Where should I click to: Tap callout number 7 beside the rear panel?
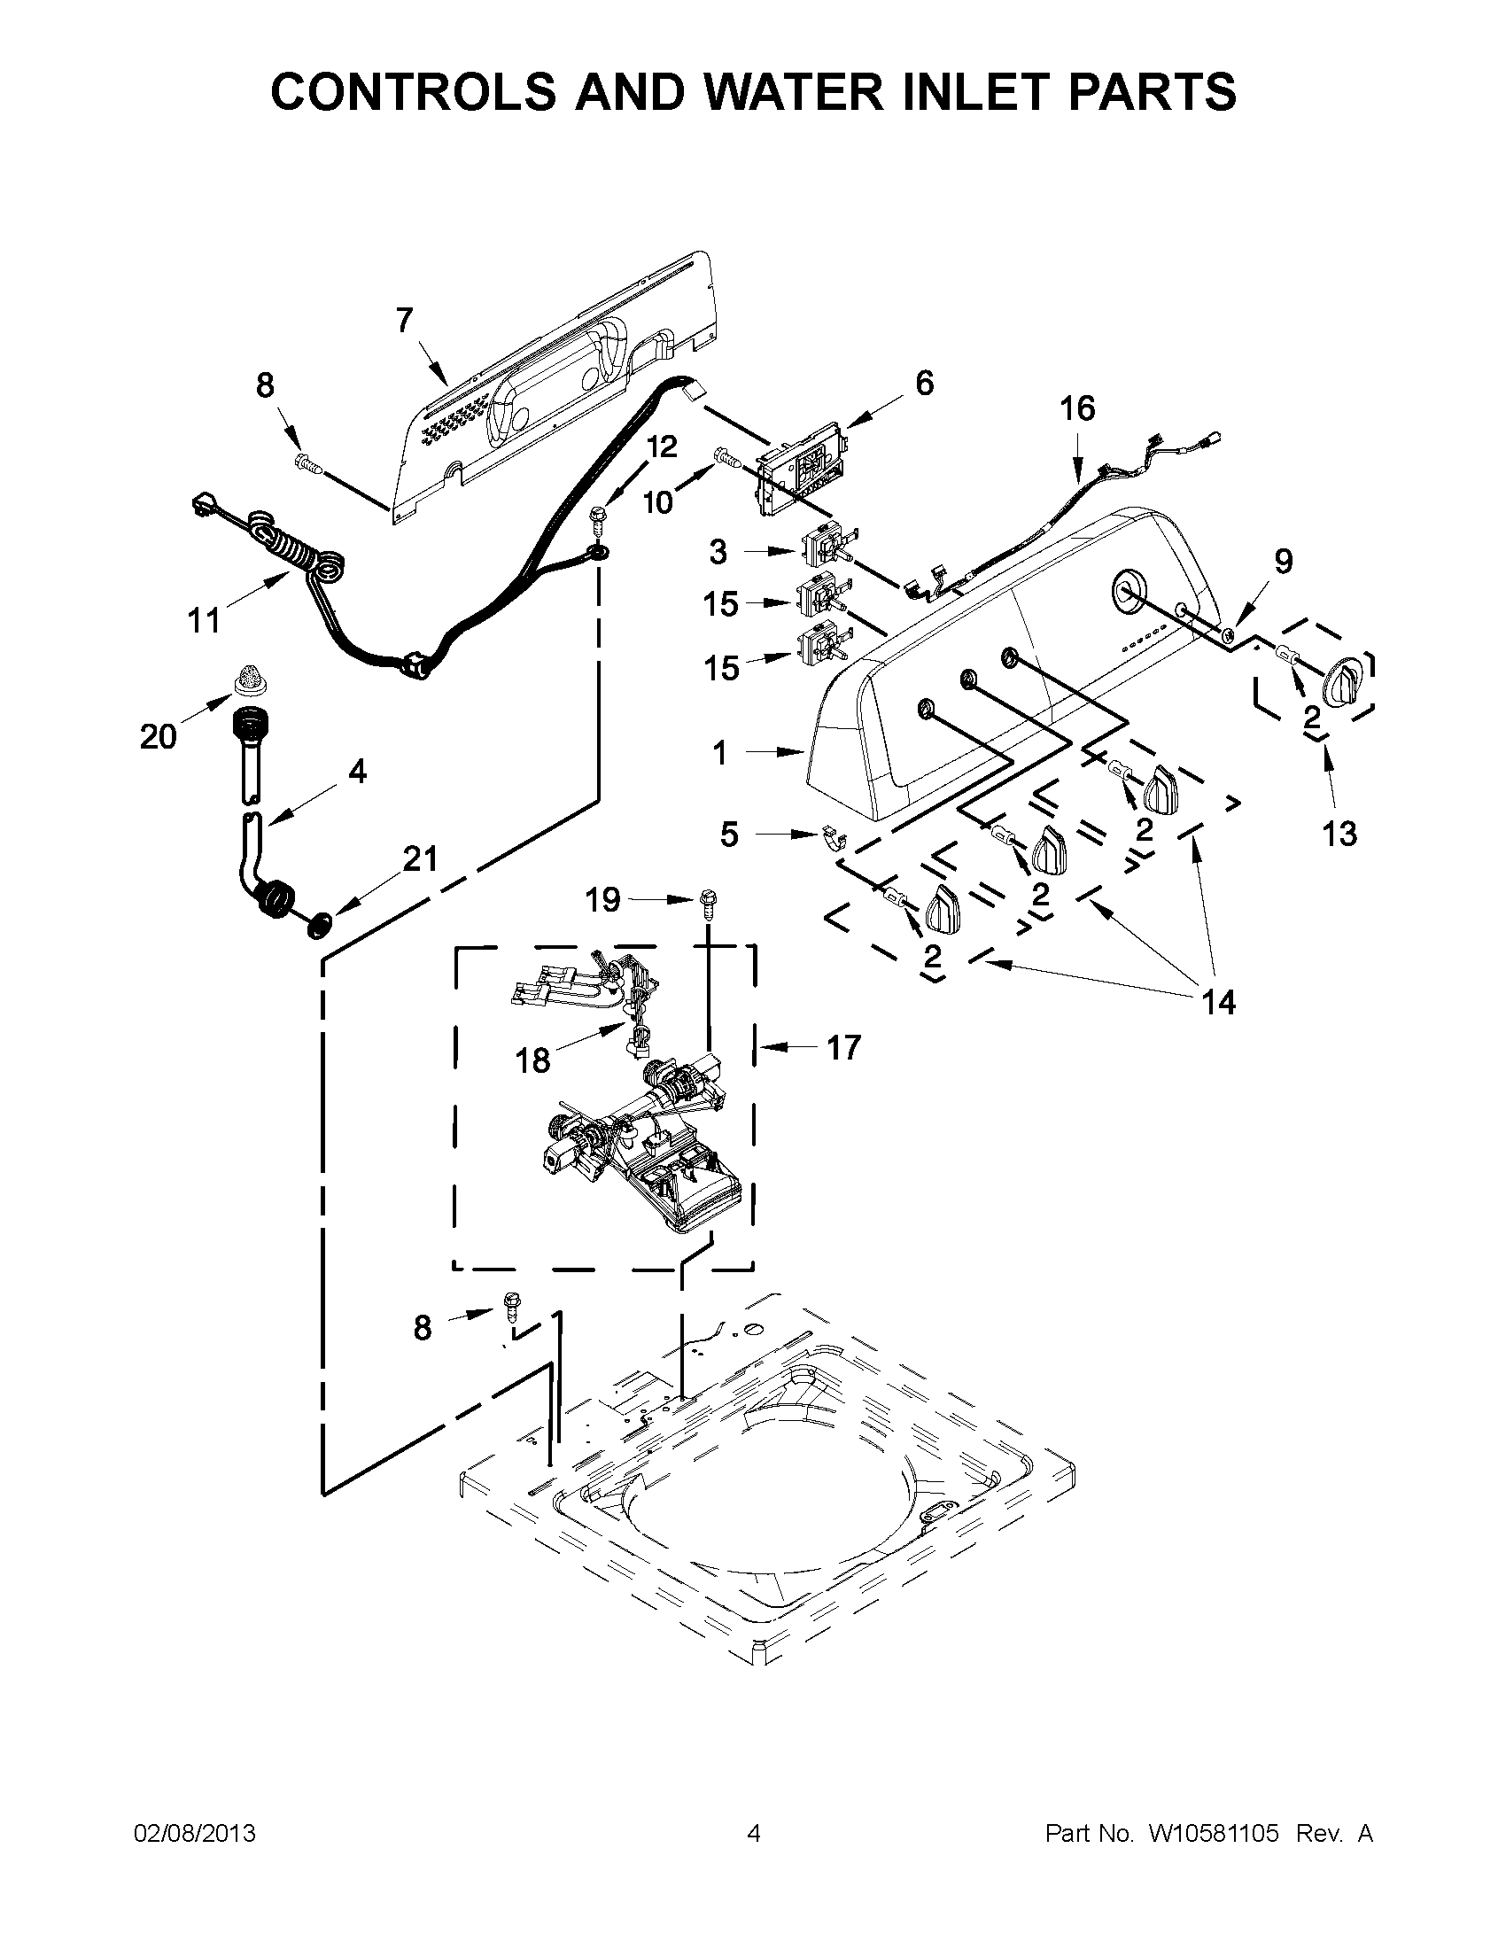(x=405, y=321)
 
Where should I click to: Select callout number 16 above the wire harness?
(x=1077, y=408)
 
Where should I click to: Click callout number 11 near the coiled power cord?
(x=204, y=619)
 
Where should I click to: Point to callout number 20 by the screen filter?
(x=158, y=736)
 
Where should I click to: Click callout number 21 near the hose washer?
(x=420, y=858)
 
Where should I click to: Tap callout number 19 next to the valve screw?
(x=602, y=900)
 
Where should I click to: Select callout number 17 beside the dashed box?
(x=842, y=1047)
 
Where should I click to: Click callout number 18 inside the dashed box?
(x=532, y=1060)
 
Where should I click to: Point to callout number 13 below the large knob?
(x=1339, y=834)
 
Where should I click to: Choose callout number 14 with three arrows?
(x=1218, y=1003)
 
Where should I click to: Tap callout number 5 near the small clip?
(x=729, y=835)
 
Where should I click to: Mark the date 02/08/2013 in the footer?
(x=195, y=1833)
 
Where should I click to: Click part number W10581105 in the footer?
(x=1215, y=1833)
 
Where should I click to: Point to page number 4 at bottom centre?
(x=753, y=1833)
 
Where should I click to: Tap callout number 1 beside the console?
(x=720, y=754)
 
